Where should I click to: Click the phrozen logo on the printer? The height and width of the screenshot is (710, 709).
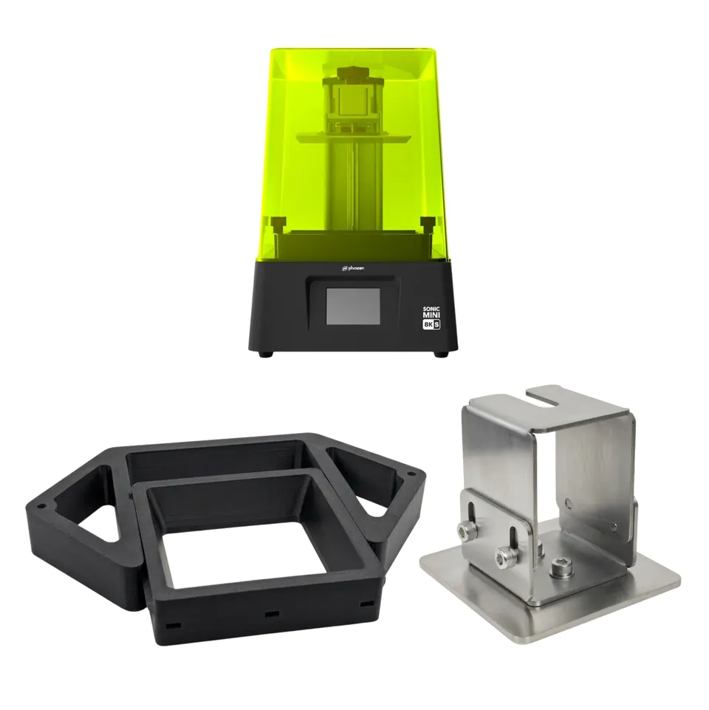pyautogui.click(x=353, y=268)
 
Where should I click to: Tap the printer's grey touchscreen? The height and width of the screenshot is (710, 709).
pyautogui.click(x=353, y=306)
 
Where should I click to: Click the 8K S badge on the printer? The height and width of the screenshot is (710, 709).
pyautogui.click(x=431, y=324)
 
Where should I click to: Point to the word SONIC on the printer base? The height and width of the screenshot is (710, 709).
pyautogui.click(x=431, y=309)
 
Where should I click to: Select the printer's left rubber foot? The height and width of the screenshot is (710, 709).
pyautogui.click(x=266, y=353)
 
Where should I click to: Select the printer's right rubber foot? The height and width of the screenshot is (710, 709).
pyautogui.click(x=440, y=353)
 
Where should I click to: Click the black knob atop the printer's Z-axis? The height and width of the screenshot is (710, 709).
pyautogui.click(x=353, y=72)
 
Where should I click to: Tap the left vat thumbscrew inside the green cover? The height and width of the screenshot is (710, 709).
pyautogui.click(x=276, y=224)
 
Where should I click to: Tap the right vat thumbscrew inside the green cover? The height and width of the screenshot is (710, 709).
pyautogui.click(x=428, y=224)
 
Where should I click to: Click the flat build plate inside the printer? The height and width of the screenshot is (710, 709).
pyautogui.click(x=353, y=136)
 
